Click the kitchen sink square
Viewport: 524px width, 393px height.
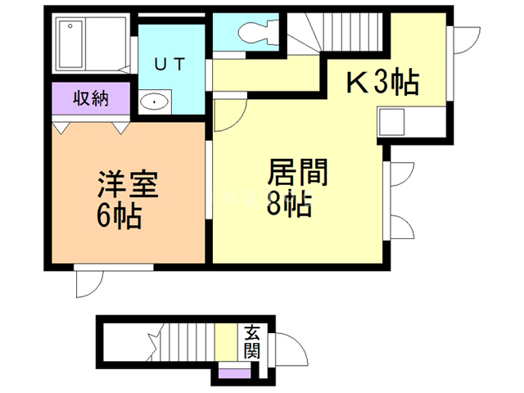point(392,126)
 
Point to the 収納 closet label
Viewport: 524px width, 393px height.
point(92,99)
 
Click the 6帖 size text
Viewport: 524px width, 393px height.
point(119,217)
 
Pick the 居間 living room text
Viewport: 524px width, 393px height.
point(297,174)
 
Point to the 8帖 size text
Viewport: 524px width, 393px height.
point(288,205)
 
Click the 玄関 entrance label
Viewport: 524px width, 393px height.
point(251,342)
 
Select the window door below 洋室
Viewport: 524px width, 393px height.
point(86,282)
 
